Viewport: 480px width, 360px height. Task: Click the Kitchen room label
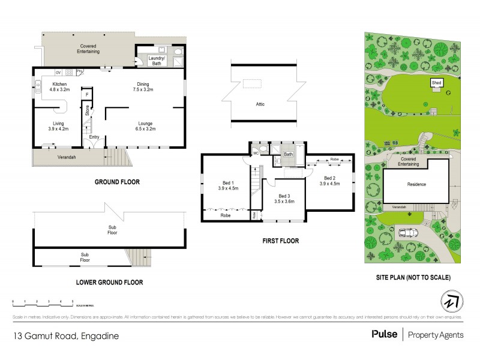point(59,84)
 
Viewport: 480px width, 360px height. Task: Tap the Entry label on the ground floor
point(94,137)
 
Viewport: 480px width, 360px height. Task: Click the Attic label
point(259,104)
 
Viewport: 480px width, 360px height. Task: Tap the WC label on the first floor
point(256,153)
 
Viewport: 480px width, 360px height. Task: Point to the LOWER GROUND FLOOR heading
point(109,281)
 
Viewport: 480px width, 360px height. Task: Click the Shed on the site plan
point(436,83)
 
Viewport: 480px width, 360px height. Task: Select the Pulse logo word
point(383,334)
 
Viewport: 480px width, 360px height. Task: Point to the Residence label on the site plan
point(416,184)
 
